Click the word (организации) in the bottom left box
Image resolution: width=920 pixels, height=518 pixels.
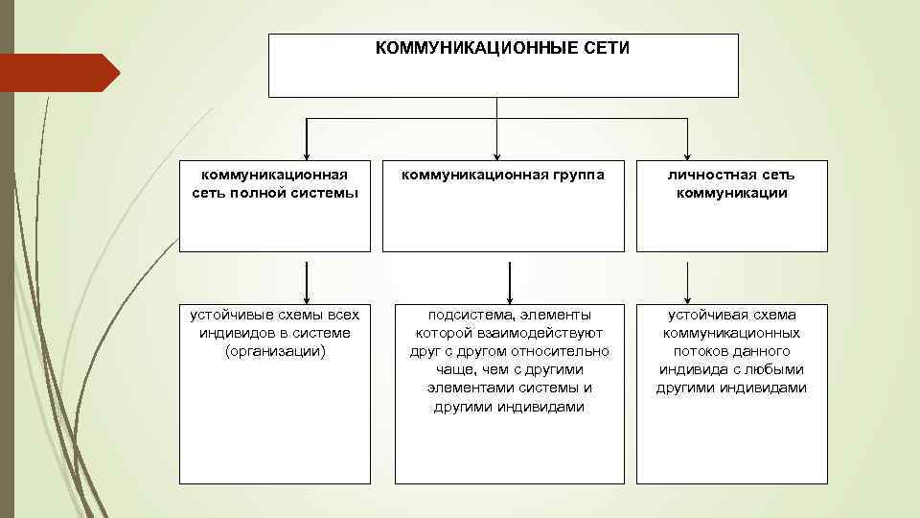click(275, 351)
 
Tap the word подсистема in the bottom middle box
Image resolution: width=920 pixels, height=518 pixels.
click(464, 315)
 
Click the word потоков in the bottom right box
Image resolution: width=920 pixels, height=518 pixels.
click(700, 351)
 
